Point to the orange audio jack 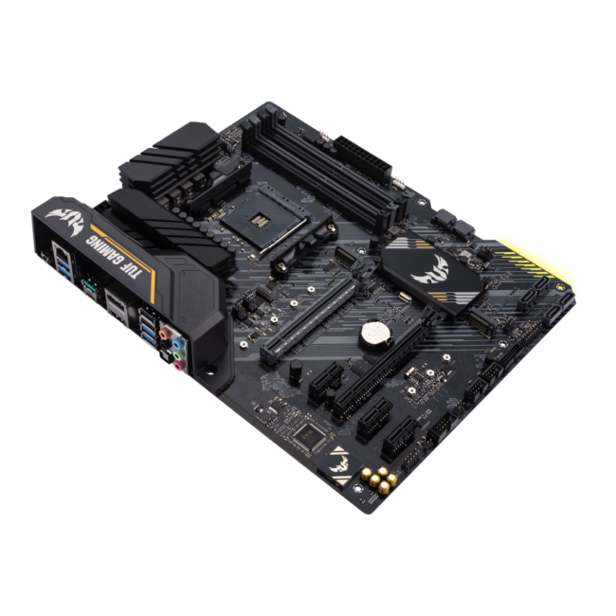164,333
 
